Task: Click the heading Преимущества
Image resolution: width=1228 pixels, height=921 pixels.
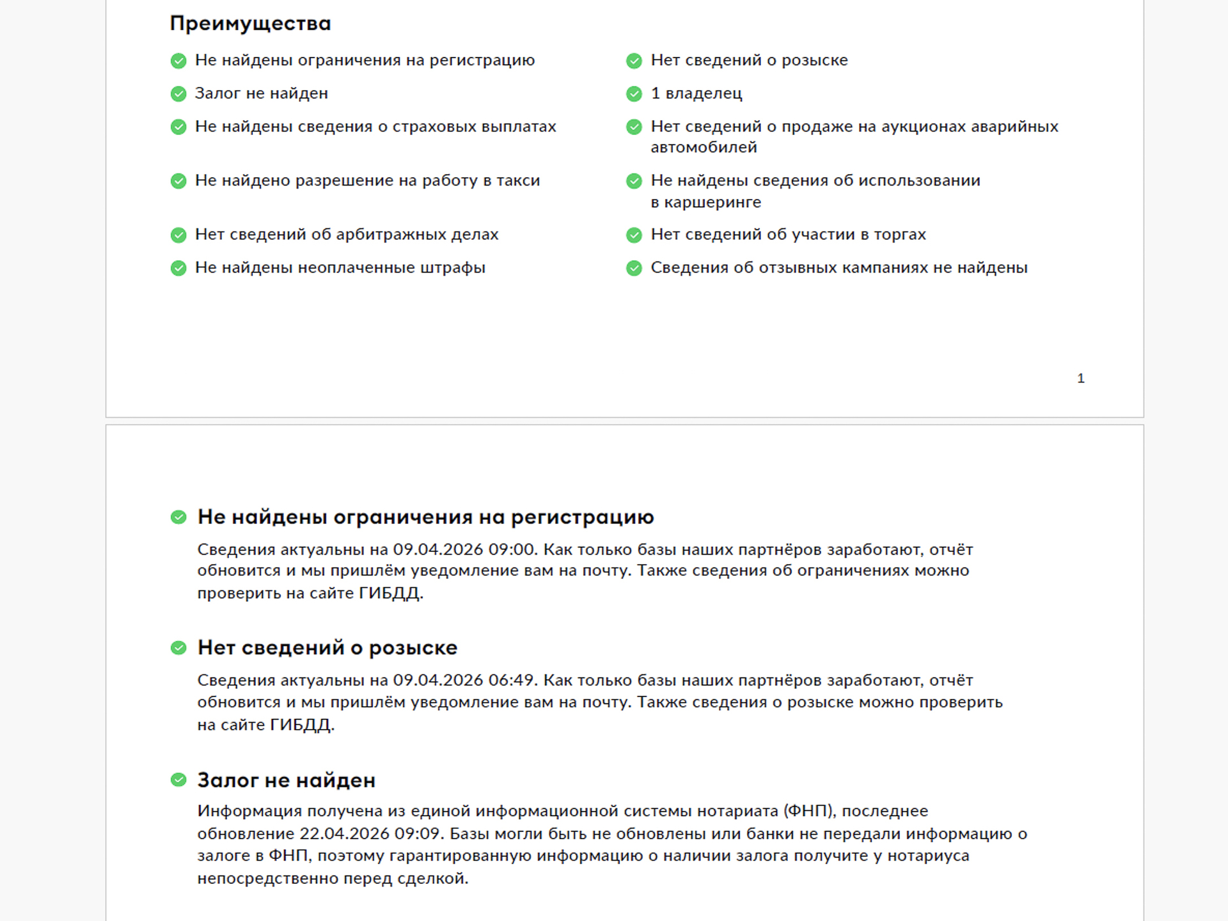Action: [250, 24]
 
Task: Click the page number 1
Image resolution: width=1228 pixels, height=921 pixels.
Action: [1080, 379]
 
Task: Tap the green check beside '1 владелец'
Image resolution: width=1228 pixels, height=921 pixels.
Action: [634, 94]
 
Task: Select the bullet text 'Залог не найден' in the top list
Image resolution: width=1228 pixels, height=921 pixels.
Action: [261, 93]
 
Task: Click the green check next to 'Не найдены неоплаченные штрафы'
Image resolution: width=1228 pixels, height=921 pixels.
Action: [178, 268]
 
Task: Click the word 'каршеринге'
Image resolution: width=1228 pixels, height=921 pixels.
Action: [712, 202]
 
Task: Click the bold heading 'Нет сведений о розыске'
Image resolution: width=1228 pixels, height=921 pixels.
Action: [327, 648]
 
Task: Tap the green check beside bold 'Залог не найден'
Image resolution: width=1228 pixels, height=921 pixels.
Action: [178, 780]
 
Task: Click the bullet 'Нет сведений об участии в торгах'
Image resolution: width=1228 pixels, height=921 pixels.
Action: [788, 235]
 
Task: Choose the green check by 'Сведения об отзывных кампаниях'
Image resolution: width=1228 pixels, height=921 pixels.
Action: [634, 268]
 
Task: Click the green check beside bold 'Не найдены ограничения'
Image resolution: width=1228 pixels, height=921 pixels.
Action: [178, 517]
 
